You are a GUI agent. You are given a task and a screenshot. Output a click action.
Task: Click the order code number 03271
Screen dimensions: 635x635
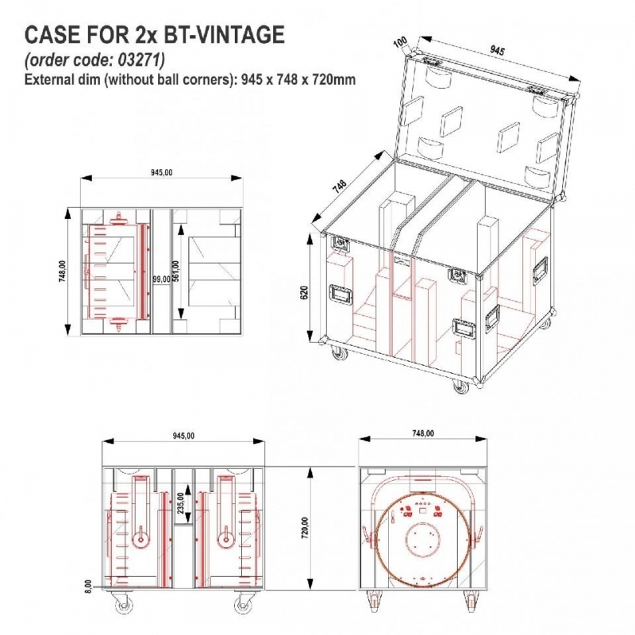click(x=141, y=60)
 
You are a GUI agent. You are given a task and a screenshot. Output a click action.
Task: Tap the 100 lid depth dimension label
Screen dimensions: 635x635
click(x=401, y=43)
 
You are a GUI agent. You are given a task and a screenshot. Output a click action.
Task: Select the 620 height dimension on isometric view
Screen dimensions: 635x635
click(x=305, y=292)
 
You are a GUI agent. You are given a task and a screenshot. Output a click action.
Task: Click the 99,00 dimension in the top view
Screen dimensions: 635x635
click(x=161, y=279)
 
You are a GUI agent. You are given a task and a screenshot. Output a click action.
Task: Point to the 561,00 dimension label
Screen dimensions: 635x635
click(x=175, y=271)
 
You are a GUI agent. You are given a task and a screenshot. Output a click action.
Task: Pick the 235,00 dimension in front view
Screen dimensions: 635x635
click(x=181, y=503)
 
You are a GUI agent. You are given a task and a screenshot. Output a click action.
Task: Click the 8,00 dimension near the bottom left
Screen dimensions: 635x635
click(x=89, y=586)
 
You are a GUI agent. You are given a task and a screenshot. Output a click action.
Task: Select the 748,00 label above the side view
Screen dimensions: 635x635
click(x=423, y=433)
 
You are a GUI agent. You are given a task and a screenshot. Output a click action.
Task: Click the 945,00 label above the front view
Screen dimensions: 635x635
click(x=183, y=436)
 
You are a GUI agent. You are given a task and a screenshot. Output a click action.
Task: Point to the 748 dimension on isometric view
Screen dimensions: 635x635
click(x=340, y=185)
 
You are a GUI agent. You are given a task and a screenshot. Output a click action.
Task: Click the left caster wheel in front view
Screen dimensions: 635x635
click(x=121, y=604)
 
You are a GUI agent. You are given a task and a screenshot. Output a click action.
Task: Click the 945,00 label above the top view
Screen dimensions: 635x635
click(x=162, y=172)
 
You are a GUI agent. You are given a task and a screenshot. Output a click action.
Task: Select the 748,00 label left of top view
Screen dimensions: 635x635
click(x=63, y=271)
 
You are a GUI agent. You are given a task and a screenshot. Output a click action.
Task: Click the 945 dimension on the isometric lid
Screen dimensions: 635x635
click(x=497, y=50)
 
